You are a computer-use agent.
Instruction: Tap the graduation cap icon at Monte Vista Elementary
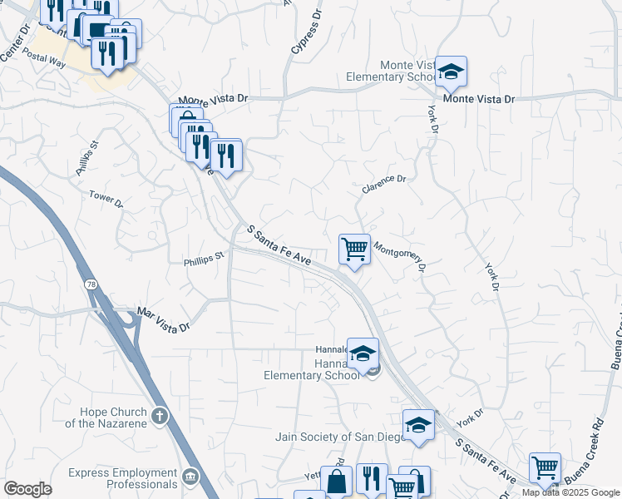pyautogui.click(x=451, y=72)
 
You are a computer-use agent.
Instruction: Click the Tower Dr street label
pyautogui.click(x=106, y=198)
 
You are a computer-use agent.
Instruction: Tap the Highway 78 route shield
pyautogui.click(x=90, y=284)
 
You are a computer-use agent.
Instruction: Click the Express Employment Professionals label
pyautogui.click(x=123, y=478)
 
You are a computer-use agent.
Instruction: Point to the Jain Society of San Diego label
pyautogui.click(x=336, y=437)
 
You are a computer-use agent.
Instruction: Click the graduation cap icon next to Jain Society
pyautogui.click(x=417, y=425)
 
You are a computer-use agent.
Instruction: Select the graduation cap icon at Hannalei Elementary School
pyautogui.click(x=363, y=353)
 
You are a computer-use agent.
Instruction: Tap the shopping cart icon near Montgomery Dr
pyautogui.click(x=354, y=249)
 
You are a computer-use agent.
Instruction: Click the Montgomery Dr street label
pyautogui.click(x=400, y=257)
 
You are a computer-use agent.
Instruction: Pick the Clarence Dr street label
pyautogui.click(x=383, y=184)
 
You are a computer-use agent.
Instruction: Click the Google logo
pyautogui.click(x=28, y=489)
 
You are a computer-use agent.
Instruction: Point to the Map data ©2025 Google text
pyautogui.click(x=570, y=492)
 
